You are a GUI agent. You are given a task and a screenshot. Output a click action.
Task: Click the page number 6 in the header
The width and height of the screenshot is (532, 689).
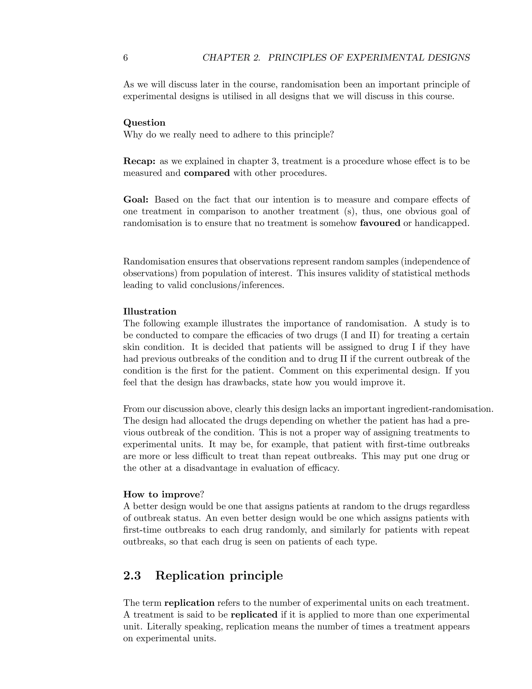click(125, 58)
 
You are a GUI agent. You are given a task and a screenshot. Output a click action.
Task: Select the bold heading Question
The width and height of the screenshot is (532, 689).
click(144, 123)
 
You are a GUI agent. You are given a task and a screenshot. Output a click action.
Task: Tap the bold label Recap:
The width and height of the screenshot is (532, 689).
click(139, 161)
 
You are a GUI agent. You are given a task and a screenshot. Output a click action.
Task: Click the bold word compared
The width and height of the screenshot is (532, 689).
click(207, 173)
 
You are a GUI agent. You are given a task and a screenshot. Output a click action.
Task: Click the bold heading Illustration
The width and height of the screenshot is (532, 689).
click(150, 312)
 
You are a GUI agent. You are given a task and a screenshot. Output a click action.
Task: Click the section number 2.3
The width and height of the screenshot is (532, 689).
click(132, 576)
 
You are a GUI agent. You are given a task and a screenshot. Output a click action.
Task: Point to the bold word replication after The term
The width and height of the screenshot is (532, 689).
click(189, 603)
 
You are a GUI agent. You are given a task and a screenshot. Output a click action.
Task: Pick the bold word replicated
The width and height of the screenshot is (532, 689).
click(254, 615)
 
